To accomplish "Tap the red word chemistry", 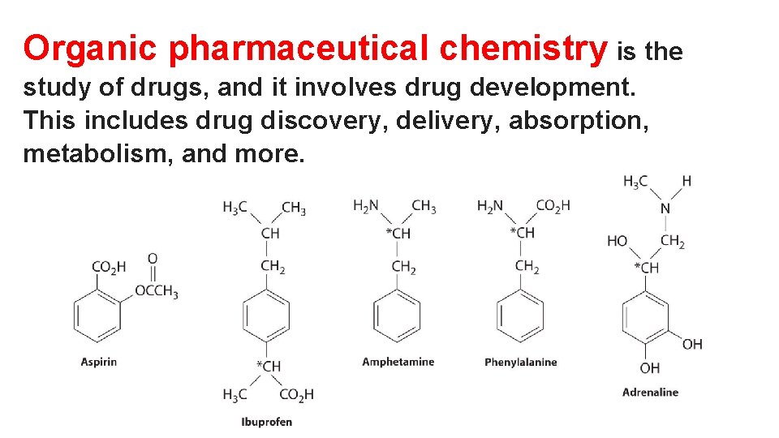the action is [523, 49].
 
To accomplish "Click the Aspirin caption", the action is [99, 362].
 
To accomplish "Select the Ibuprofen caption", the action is [266, 421].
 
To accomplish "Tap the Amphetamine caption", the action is [398, 362].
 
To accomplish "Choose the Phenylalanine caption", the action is [520, 362].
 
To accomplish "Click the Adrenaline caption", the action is [650, 393].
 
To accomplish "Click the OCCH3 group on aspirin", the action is [156, 292].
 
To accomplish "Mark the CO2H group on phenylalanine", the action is [553, 206].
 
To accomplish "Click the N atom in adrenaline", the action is [665, 209].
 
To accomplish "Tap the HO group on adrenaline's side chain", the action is [618, 242].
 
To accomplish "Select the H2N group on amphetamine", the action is [366, 206].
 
